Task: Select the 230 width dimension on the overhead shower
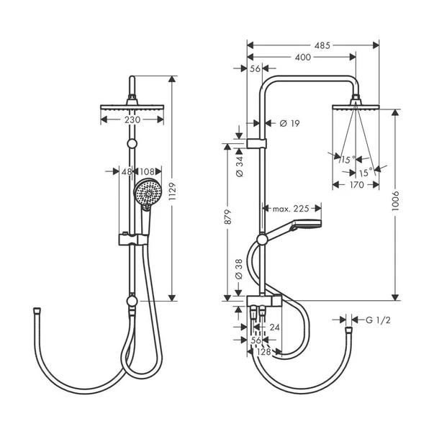point(132,119)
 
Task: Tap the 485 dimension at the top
point(322,45)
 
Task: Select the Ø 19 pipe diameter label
point(289,123)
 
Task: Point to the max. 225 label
point(291,209)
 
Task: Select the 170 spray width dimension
point(356,184)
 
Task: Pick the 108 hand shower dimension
point(147,171)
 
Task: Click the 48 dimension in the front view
point(127,171)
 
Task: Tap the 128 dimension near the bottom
point(264,352)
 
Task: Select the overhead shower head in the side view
point(356,108)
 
